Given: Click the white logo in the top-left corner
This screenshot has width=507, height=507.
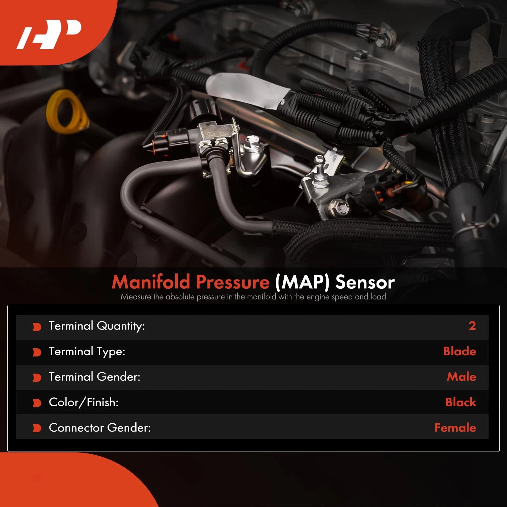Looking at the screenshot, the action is [x=49, y=35].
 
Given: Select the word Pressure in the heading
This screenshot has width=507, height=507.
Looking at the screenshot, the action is [x=233, y=282].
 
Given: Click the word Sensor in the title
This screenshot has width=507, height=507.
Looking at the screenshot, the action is [x=365, y=282].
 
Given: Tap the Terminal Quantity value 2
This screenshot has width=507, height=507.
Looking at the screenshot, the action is [x=472, y=326].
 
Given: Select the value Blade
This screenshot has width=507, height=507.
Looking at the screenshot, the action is [x=459, y=351].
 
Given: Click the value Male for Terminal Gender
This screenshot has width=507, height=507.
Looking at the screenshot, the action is [x=461, y=377].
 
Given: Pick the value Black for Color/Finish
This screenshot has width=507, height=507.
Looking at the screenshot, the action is [x=461, y=402].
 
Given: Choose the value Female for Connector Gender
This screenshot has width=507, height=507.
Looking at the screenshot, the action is [x=455, y=428].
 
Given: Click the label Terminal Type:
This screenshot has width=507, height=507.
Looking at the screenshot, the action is [x=87, y=352].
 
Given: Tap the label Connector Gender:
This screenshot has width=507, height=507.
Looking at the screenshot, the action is [x=100, y=428].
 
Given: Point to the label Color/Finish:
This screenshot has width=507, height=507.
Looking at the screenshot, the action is [x=84, y=402].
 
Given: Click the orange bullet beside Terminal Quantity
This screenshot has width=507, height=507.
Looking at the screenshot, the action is [x=37, y=327].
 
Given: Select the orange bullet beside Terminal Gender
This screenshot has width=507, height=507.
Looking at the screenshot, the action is [x=37, y=378].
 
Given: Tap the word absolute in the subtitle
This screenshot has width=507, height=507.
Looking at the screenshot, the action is [x=180, y=297].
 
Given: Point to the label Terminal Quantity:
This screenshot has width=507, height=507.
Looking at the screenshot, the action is [x=97, y=326].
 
